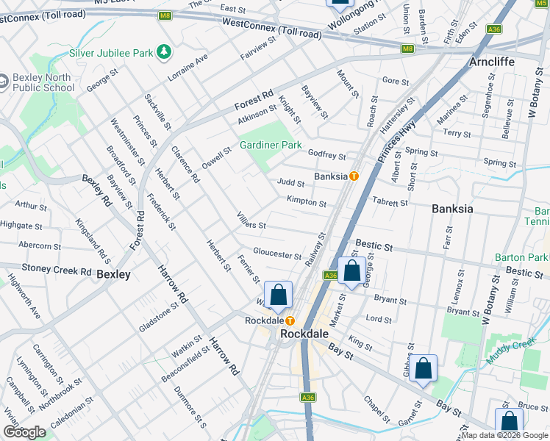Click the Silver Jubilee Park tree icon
coord(165,52)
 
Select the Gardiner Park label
coord(271,145)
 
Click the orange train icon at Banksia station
coord(354,176)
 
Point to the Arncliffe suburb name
coord(502,62)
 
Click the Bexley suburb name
coord(113,274)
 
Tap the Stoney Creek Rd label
coord(55,269)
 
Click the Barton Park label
coord(521,257)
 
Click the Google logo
coord(24,432)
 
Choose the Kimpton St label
coord(307,202)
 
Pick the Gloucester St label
coord(276,254)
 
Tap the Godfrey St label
coord(326,155)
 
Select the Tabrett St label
coord(390,203)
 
